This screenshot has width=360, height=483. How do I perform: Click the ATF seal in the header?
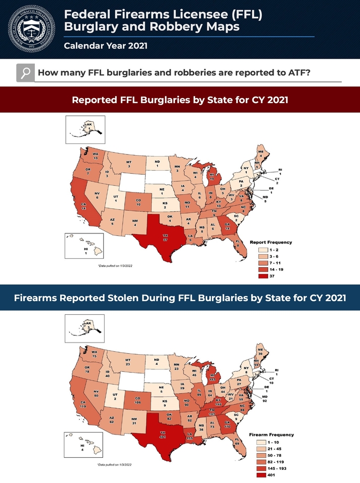coord(30,28)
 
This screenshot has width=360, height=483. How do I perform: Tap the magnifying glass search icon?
coord(25,73)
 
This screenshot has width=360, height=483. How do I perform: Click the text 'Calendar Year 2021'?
coord(106,46)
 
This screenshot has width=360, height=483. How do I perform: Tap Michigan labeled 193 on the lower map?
coord(212,376)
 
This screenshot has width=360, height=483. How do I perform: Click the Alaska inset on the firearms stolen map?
coord(85,328)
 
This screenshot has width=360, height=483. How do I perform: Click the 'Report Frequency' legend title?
coord(271,242)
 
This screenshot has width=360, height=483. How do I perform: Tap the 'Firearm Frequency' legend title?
coord(272,434)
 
